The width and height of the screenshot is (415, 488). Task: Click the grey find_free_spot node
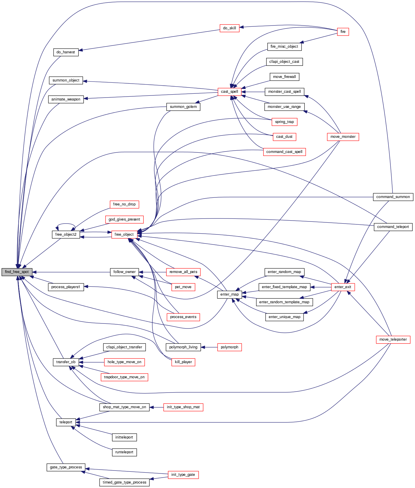click(x=17, y=272)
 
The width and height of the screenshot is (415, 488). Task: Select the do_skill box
click(x=229, y=28)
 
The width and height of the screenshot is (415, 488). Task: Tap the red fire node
click(x=343, y=32)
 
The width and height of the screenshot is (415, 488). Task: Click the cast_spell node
click(x=229, y=92)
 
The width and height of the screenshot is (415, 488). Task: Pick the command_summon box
click(x=393, y=197)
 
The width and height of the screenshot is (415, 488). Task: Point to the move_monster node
click(x=343, y=137)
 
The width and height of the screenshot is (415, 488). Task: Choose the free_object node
click(x=124, y=235)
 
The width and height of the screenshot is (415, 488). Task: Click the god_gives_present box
click(x=124, y=219)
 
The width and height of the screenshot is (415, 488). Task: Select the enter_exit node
click(x=343, y=287)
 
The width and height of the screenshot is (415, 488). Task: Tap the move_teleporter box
click(x=393, y=339)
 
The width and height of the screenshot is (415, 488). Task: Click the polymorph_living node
click(x=183, y=347)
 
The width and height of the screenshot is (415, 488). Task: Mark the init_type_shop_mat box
click(x=183, y=407)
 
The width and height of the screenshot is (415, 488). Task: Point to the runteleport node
click(x=124, y=452)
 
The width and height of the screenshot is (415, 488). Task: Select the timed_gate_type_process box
click(x=124, y=482)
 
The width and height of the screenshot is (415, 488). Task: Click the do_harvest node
click(x=66, y=52)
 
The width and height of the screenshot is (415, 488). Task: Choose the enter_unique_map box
click(x=285, y=317)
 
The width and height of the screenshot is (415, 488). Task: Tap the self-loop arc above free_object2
click(x=66, y=224)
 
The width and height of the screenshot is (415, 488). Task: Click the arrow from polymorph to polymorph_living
click(x=209, y=347)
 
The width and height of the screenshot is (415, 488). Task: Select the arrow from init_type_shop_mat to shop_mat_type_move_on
click(x=157, y=407)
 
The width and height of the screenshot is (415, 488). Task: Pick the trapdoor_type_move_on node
click(x=124, y=377)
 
